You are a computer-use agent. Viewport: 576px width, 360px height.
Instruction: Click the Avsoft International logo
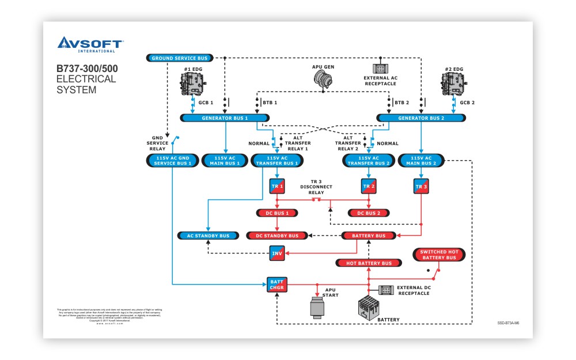tap(89, 44)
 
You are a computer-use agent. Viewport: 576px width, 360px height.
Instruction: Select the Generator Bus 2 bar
tap(421, 118)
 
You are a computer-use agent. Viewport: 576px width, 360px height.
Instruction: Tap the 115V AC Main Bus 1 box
tap(224, 160)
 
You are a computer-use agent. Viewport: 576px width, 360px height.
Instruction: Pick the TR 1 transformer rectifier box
tap(277, 187)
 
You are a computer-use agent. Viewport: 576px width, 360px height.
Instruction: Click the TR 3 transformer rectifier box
tap(421, 187)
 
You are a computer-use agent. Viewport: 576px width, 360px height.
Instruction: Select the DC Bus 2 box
tap(369, 213)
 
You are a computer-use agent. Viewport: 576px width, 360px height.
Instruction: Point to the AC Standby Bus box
tap(207, 236)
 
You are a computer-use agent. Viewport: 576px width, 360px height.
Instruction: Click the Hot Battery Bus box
tap(369, 263)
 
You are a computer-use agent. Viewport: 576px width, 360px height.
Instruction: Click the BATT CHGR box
tap(276, 284)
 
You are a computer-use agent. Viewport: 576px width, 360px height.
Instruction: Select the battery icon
tap(368, 310)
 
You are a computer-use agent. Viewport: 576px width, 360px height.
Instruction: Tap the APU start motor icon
tap(317, 307)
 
